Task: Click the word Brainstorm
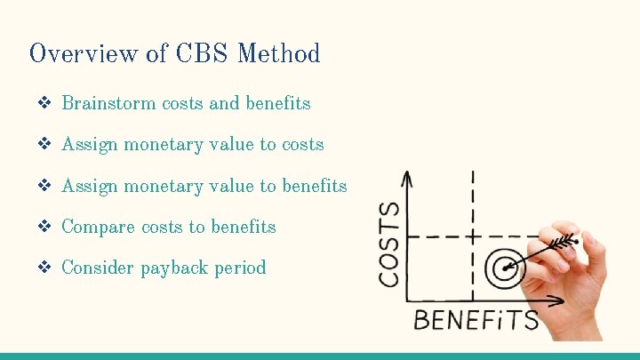point(109,103)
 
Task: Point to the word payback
point(174,268)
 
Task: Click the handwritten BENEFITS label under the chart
point(476,320)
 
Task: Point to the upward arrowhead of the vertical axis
point(407,178)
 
